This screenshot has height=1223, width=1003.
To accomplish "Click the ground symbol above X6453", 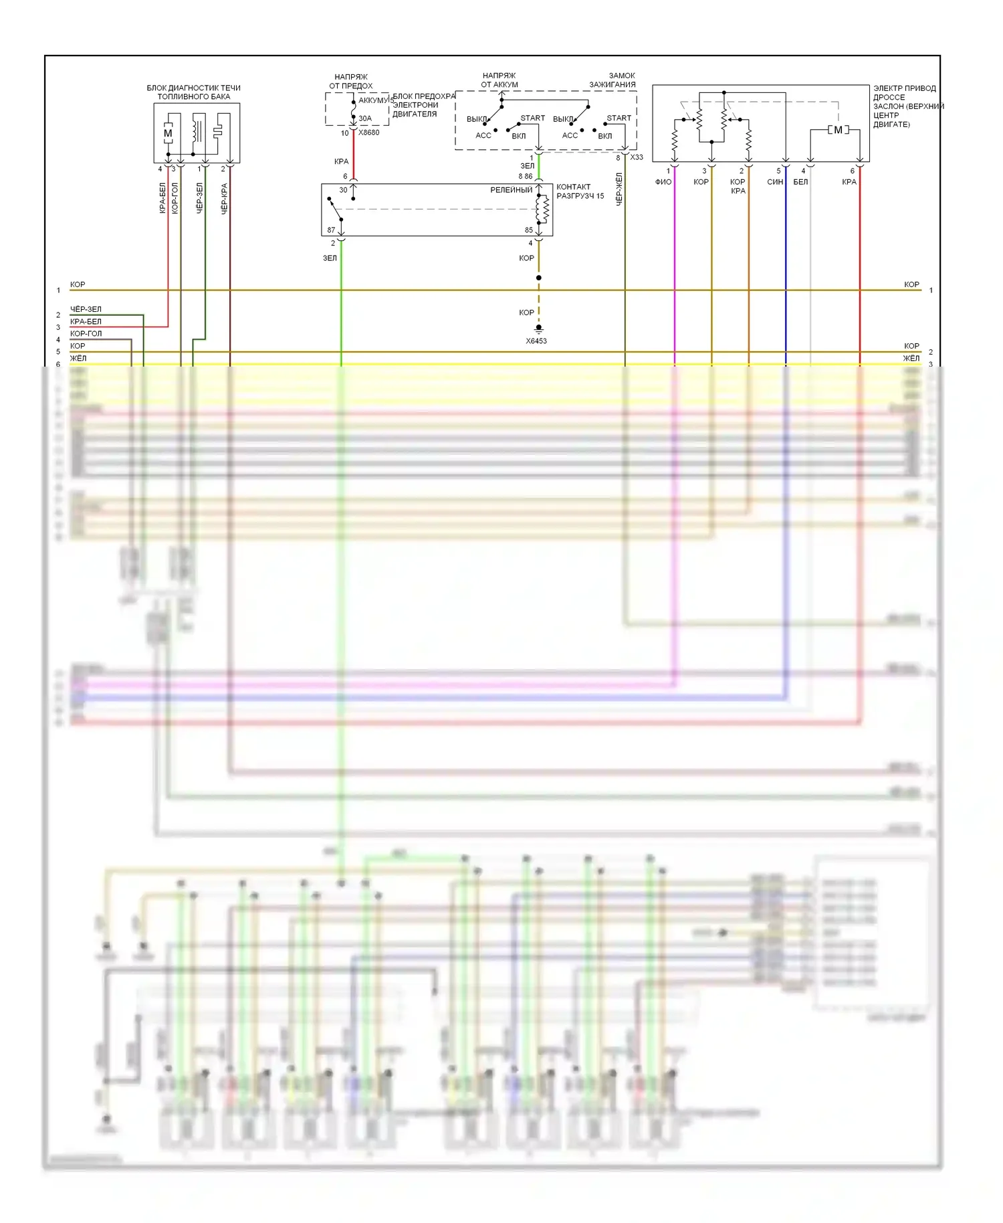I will pyautogui.click(x=538, y=329).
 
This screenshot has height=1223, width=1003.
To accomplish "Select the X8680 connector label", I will pyautogui.click(x=368, y=132).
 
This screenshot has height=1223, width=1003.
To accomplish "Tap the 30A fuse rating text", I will pyautogui.click(x=364, y=118).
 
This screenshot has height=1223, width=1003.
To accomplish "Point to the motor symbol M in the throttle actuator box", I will pyautogui.click(x=838, y=130).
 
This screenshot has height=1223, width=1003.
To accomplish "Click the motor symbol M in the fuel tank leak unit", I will pyautogui.click(x=168, y=133).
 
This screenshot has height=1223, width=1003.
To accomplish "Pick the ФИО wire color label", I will pyautogui.click(x=663, y=182).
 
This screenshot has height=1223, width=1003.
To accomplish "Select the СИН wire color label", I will pyautogui.click(x=774, y=182).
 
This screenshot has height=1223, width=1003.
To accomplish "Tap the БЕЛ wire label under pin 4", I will pyautogui.click(x=800, y=182).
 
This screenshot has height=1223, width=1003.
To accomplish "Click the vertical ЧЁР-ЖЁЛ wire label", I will pyautogui.click(x=619, y=189).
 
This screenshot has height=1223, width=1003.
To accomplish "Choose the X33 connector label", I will pyautogui.click(x=637, y=157).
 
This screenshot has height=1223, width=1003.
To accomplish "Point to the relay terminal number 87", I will pyautogui.click(x=331, y=230).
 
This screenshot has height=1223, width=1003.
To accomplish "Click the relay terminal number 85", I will pyautogui.click(x=529, y=230).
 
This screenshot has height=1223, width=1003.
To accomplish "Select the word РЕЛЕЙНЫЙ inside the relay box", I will pyautogui.click(x=512, y=190).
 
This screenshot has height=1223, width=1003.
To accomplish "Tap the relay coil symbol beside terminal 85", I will pyautogui.click(x=543, y=209).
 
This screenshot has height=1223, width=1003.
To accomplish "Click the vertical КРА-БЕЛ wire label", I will pyautogui.click(x=162, y=198).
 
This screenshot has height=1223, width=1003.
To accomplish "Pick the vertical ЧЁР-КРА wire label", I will pyautogui.click(x=224, y=198).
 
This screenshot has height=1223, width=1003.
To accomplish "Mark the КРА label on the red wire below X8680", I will pyautogui.click(x=341, y=161).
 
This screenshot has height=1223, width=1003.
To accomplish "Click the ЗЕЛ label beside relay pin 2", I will pyautogui.click(x=330, y=258).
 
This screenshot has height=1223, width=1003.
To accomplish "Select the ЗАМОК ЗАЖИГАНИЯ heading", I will pyautogui.click(x=612, y=80).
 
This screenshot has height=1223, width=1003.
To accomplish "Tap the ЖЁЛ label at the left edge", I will pyautogui.click(x=78, y=359).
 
